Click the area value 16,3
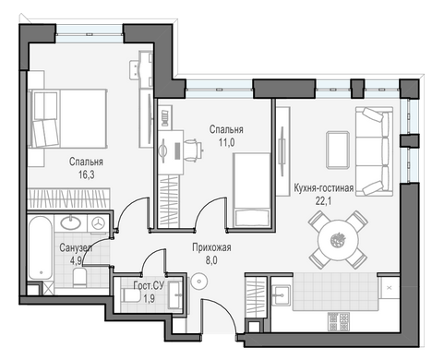tap(86, 175)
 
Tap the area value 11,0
tap(226, 142)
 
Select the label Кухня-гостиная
tap(324, 187)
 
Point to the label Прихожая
tap(211, 247)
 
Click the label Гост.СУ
tap(149, 286)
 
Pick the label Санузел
tap(76, 247)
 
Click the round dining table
tap(339, 240)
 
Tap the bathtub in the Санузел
tap(41, 248)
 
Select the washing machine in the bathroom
tap(98, 223)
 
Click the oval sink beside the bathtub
tap(71, 223)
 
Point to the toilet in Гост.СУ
tap(131, 295)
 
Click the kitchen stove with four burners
tap(339, 321)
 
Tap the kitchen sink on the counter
tap(282, 295)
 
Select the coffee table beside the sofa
tap(338, 150)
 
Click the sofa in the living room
tap(374, 151)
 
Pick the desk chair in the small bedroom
tap(194, 150)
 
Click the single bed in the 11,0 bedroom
tap(252, 190)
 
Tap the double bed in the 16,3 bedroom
tap(67, 118)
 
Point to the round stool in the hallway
tap(198, 282)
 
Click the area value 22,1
tap(324, 201)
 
